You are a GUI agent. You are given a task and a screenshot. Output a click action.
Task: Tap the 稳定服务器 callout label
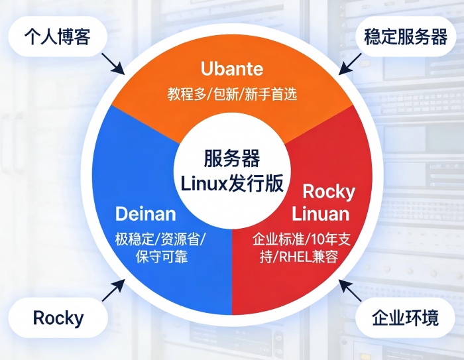(406, 38)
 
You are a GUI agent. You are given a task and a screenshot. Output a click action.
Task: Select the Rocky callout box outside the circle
(58, 318)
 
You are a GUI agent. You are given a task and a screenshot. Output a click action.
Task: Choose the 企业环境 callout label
(405, 318)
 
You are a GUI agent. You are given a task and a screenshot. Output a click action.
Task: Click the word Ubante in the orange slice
(232, 69)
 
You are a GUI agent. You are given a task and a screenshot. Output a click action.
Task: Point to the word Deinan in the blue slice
(146, 213)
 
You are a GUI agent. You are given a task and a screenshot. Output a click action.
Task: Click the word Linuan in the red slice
(320, 214)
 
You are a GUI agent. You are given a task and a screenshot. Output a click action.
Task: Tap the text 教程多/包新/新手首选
(232, 94)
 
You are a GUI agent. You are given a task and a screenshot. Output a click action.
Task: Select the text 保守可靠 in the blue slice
(160, 256)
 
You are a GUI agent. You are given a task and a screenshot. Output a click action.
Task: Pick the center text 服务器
(232, 160)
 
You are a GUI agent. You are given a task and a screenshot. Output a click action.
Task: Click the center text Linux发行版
(232, 182)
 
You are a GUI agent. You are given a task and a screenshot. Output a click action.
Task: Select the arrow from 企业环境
(349, 290)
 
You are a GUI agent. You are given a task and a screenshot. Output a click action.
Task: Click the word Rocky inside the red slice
(329, 192)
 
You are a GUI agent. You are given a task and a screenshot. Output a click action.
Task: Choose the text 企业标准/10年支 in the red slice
(304, 238)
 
